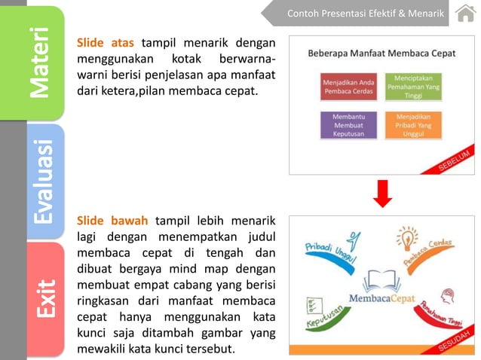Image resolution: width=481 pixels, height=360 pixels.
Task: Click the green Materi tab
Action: [45, 63]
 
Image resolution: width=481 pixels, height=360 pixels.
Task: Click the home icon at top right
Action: [465, 14]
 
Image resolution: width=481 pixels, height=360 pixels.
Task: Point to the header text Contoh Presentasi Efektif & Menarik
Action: [366, 14]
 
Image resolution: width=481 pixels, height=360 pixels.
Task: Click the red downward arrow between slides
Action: [382, 194]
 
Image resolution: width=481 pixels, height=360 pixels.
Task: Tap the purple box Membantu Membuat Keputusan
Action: [348, 125]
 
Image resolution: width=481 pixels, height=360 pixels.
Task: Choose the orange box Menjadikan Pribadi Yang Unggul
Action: [413, 125]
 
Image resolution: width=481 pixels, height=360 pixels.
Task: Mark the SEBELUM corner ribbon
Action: [454, 161]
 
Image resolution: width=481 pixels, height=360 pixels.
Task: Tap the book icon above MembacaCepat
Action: [382, 279]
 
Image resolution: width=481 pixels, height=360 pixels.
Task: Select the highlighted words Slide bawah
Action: [112, 221]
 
